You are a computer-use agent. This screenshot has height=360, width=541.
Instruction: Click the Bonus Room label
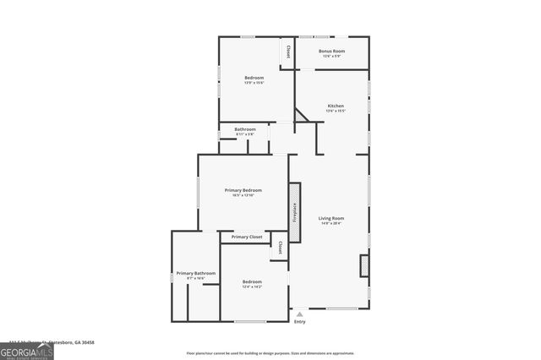tap(331, 52)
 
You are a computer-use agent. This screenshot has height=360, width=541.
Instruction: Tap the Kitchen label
tap(336, 106)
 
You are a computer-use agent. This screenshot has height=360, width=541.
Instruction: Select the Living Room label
tap(331, 218)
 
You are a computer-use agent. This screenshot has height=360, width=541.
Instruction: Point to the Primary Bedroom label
tap(243, 190)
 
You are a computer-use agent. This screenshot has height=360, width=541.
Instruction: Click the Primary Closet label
tap(247, 237)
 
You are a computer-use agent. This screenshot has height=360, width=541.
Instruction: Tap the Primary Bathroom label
tap(196, 273)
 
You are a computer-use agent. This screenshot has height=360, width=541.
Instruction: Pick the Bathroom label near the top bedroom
tap(245, 129)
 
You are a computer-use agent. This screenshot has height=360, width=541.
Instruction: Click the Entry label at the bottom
tap(299, 322)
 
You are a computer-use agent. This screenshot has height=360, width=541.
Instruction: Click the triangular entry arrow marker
tap(299, 314)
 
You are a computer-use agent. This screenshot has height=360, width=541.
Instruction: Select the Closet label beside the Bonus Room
tap(288, 51)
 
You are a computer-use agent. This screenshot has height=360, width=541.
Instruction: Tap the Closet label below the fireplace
tap(280, 248)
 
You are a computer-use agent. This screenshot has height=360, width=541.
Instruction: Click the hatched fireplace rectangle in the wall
tap(295, 212)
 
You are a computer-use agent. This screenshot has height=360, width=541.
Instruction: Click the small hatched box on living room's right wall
tap(364, 265)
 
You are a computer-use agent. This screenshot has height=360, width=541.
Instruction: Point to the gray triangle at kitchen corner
tap(299, 117)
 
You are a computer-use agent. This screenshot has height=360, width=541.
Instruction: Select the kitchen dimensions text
tap(336, 111)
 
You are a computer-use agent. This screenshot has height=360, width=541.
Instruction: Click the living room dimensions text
tap(331, 223)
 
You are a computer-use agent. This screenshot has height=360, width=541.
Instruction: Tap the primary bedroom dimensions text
tap(243, 195)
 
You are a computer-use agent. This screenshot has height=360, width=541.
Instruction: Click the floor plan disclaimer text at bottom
tap(270, 353)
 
